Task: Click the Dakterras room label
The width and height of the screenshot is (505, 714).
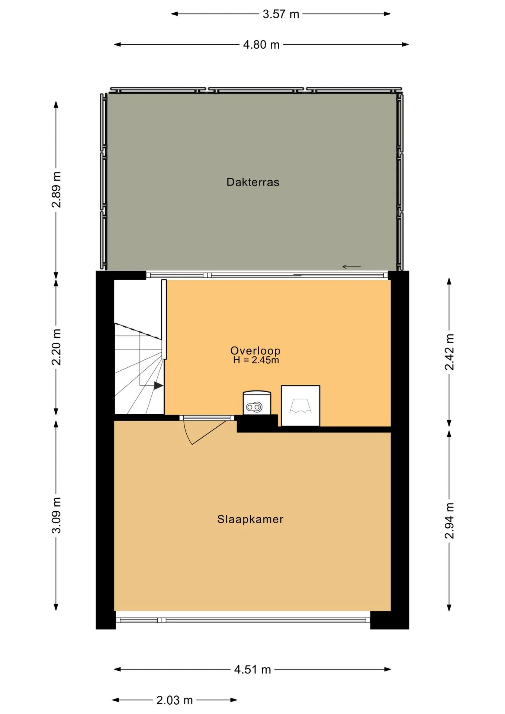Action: pyautogui.click(x=253, y=182)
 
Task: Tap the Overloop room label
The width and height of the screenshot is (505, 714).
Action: pyautogui.click(x=255, y=350)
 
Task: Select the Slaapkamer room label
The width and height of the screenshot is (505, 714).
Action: pyautogui.click(x=250, y=519)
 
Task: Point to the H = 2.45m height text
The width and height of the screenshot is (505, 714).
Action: pyautogui.click(x=256, y=360)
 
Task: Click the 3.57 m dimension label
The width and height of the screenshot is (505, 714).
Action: pyautogui.click(x=281, y=14)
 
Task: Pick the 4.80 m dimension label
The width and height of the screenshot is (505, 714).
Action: pyautogui.click(x=261, y=45)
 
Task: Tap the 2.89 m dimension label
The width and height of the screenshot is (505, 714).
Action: pyautogui.click(x=57, y=189)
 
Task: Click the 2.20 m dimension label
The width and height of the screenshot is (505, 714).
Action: pyautogui.click(x=57, y=347)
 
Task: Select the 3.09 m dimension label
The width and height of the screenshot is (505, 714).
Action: pyautogui.click(x=57, y=515)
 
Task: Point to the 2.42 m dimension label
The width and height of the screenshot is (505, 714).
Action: pyautogui.click(x=450, y=352)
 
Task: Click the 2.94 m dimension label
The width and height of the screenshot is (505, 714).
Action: pyautogui.click(x=450, y=520)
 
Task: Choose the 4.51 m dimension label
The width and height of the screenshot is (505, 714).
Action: pyautogui.click(x=252, y=669)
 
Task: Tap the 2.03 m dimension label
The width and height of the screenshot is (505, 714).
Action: pyautogui.click(x=174, y=700)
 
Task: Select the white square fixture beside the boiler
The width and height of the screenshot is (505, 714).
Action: pyautogui.click(x=300, y=406)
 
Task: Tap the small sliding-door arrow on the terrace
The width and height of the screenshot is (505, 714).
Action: pyautogui.click(x=351, y=267)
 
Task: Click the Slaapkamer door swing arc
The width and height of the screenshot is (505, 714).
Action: pyautogui.click(x=188, y=434)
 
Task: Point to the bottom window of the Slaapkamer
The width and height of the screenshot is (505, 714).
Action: pyautogui.click(x=243, y=620)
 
